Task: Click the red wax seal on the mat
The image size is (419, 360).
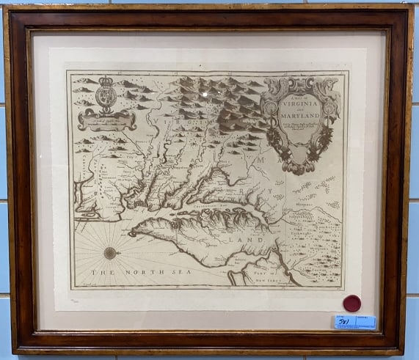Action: [352, 303]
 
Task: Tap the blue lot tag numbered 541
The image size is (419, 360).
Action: [354, 321]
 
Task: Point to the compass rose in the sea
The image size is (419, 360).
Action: [110, 253]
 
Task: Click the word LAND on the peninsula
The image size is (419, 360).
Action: [242, 238]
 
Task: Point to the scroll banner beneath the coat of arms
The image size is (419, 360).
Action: [107, 120]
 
